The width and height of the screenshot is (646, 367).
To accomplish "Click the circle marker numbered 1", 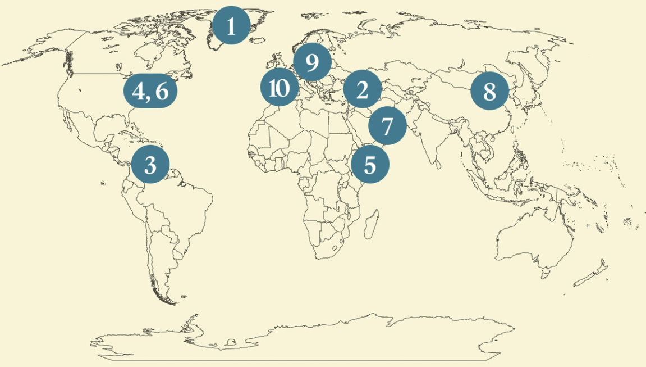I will coord(231,25).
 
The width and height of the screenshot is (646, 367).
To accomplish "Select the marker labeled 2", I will coord(362,89).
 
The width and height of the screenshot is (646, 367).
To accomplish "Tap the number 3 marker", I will coord(150,165).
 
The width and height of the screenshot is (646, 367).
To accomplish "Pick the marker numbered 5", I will coord(370,165).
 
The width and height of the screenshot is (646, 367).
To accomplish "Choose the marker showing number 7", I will coord(387,126).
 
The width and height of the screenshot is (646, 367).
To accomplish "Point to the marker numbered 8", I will coord(489,91).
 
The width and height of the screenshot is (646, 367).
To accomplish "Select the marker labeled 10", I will coord(279,88).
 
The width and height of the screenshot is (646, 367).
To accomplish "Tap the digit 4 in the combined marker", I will coord(138,90).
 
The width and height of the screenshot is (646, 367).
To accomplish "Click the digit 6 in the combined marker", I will coord(162,90).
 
